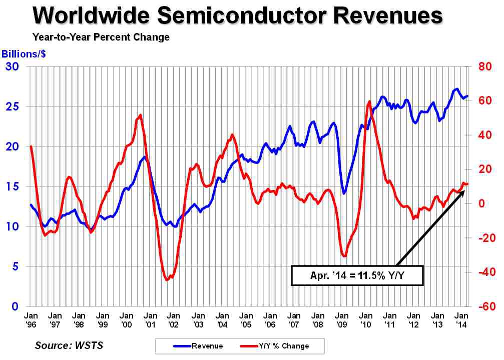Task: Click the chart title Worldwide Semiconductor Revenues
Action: [x=238, y=16]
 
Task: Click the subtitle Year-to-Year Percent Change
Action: [x=101, y=37]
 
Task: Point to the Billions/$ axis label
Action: [x=24, y=54]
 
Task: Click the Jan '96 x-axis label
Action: [x=31, y=320]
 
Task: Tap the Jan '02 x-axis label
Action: [x=173, y=320]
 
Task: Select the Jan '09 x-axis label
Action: [x=342, y=320]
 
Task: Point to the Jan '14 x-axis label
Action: [x=461, y=320]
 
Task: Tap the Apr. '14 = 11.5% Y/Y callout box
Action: [x=357, y=275]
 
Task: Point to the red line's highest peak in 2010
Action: [x=369, y=101]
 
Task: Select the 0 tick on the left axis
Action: [x=18, y=306]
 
